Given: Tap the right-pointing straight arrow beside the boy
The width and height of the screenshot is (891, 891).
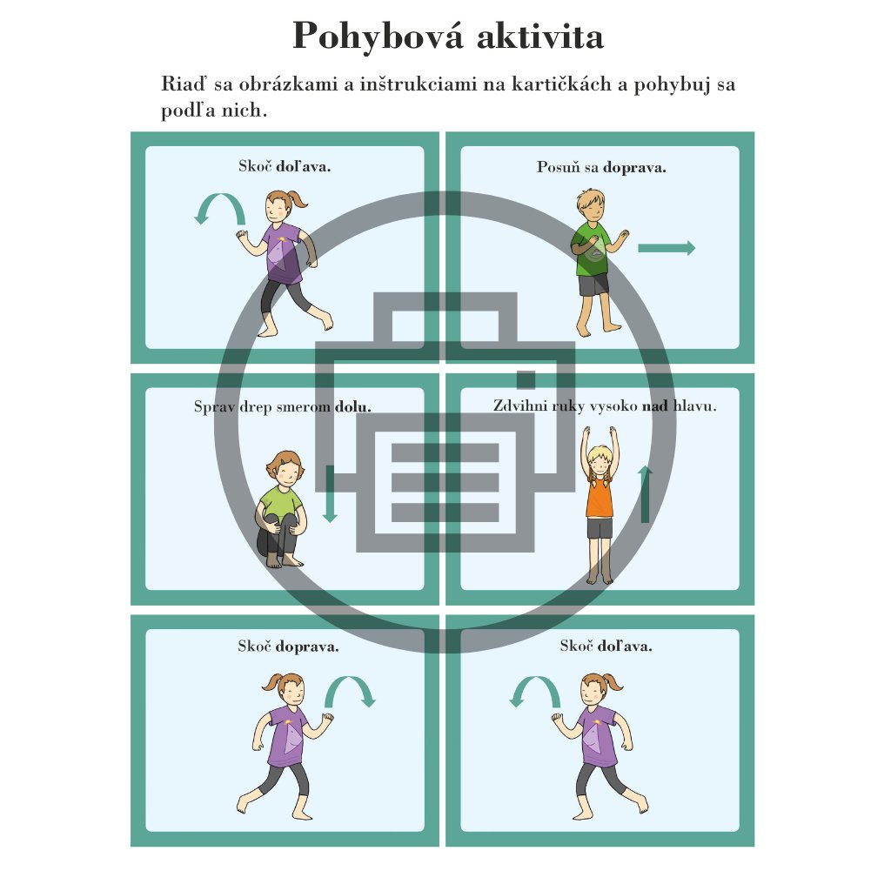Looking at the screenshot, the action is pos(667,248).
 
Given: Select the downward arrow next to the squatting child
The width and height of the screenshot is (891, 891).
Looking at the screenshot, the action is pos(330,493).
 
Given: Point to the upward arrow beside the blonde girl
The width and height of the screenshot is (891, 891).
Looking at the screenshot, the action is pos(645,493).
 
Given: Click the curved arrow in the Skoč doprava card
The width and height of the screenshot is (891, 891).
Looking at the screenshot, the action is pos(350,690).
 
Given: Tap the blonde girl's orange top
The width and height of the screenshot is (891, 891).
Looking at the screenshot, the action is pos(600,497).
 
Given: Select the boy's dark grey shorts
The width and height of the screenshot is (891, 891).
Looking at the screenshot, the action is pos(593,285).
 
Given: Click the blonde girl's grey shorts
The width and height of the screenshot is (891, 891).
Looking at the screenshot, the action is pos(600,528).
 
